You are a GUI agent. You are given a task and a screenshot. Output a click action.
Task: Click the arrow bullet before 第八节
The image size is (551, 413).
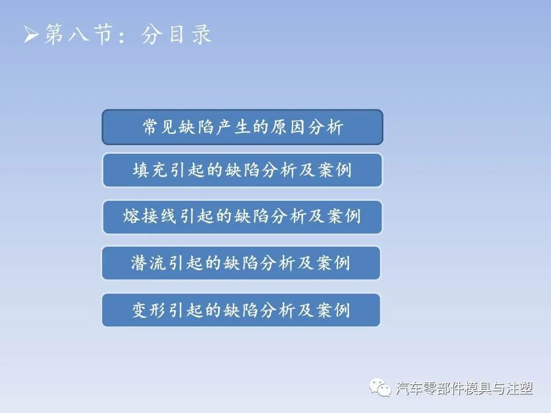(x=31, y=36)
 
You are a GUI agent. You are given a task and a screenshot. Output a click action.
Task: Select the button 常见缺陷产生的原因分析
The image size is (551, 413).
(x=242, y=127)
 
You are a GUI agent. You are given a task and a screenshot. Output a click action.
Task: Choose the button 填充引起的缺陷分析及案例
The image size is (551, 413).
(x=242, y=170)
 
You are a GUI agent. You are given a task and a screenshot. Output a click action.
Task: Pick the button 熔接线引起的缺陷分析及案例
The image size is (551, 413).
(x=242, y=217)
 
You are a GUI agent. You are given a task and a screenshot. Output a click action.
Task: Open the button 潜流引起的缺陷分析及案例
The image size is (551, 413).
(x=241, y=263)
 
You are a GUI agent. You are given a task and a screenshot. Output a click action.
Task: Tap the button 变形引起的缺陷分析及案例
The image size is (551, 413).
(x=241, y=310)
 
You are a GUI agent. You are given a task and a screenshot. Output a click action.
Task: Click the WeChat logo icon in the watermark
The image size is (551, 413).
(x=381, y=388)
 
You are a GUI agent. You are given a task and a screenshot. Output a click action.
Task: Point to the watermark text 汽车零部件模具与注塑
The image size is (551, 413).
(x=464, y=389)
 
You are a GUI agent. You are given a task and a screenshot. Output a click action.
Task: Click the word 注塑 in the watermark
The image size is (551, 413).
(x=521, y=389)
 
